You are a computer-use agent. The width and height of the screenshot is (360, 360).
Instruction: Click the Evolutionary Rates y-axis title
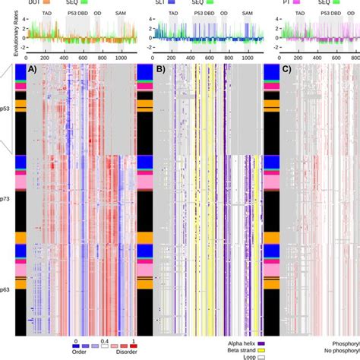tap(6, 29)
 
